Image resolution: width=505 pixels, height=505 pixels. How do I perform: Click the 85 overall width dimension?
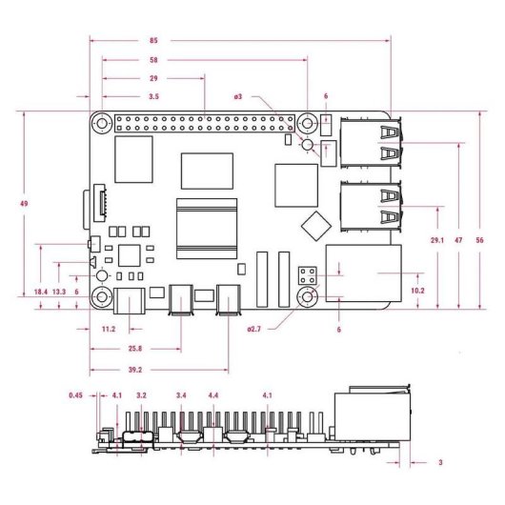pos(154,41)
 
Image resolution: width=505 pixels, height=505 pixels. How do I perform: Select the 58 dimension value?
pos(154,59)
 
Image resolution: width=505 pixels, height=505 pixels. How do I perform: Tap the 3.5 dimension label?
pos(154,97)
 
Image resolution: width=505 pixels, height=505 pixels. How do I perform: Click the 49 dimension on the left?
pos(11,203)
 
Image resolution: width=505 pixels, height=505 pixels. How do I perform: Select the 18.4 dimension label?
pos(40,291)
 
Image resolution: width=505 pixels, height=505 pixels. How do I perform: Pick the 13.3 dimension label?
pos(59,291)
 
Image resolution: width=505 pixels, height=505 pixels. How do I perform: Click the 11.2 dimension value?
pos(108,329)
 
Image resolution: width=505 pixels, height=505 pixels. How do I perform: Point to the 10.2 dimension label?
pos(416,290)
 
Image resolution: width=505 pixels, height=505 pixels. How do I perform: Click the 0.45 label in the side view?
pos(76,394)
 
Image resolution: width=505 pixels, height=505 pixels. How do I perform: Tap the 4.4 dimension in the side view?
pos(213,394)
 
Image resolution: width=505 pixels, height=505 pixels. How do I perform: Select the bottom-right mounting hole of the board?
pos(307,298)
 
